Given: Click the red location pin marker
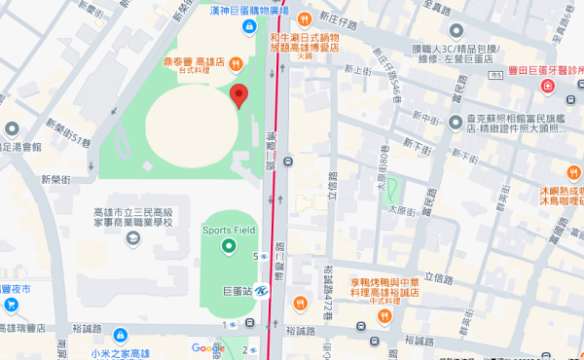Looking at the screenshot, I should [x=238, y=94].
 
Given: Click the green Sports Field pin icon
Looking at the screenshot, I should [x=228, y=246].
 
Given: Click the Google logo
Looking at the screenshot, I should [x=207, y=348].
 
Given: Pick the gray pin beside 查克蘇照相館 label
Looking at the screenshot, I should [x=456, y=122].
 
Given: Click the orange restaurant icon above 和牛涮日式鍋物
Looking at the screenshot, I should [x=304, y=18].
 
